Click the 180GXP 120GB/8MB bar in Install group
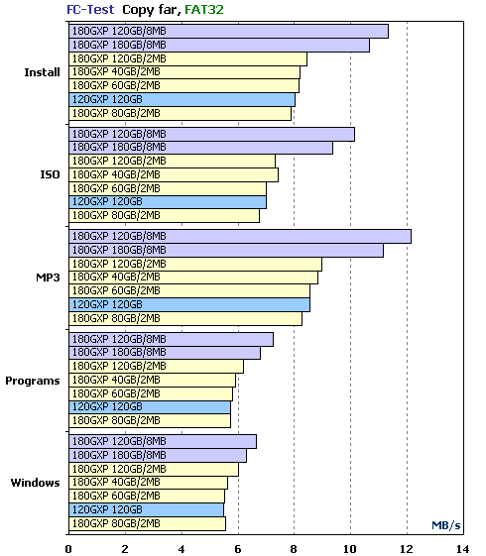tap(228, 31)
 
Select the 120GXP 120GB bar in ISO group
tap(168, 202)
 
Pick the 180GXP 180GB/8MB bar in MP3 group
tap(226, 251)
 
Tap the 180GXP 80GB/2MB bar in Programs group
tap(150, 421)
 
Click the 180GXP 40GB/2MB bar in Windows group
tap(149, 483)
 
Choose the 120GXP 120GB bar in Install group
tap(182, 100)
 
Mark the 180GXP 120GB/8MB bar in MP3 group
tap(240, 237)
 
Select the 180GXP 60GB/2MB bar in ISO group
tap(168, 188)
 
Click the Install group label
tap(42, 72)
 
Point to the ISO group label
tap(50, 174)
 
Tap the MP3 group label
tap(48, 278)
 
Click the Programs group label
tap(33, 381)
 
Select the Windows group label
tap(35, 483)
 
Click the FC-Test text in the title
tap(90, 10)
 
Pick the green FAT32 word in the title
tap(204, 10)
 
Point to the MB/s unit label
tap(446, 525)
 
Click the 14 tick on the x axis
tap(463, 549)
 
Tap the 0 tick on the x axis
tap(68, 549)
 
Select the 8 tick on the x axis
tap(294, 549)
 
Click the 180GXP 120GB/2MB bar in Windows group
tap(154, 469)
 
